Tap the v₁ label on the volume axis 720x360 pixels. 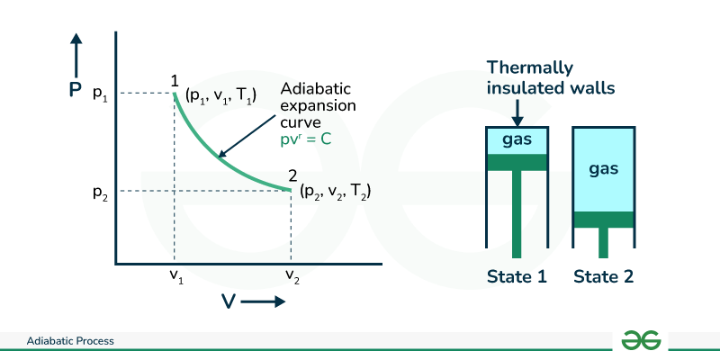click(x=175, y=277)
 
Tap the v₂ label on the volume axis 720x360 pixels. click(x=291, y=277)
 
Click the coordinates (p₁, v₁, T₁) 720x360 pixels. click(x=220, y=94)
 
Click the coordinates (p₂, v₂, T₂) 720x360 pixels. click(x=336, y=192)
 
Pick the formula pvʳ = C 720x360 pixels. click(x=310, y=141)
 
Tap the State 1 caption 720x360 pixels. click(x=517, y=276)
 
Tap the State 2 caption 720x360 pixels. click(x=604, y=276)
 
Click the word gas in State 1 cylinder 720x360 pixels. click(x=517, y=140)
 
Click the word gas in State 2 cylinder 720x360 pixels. click(x=604, y=168)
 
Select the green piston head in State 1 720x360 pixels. click(x=517, y=162)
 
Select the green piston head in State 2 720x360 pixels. click(x=604, y=219)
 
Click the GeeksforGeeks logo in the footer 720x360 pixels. click(x=642, y=340)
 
